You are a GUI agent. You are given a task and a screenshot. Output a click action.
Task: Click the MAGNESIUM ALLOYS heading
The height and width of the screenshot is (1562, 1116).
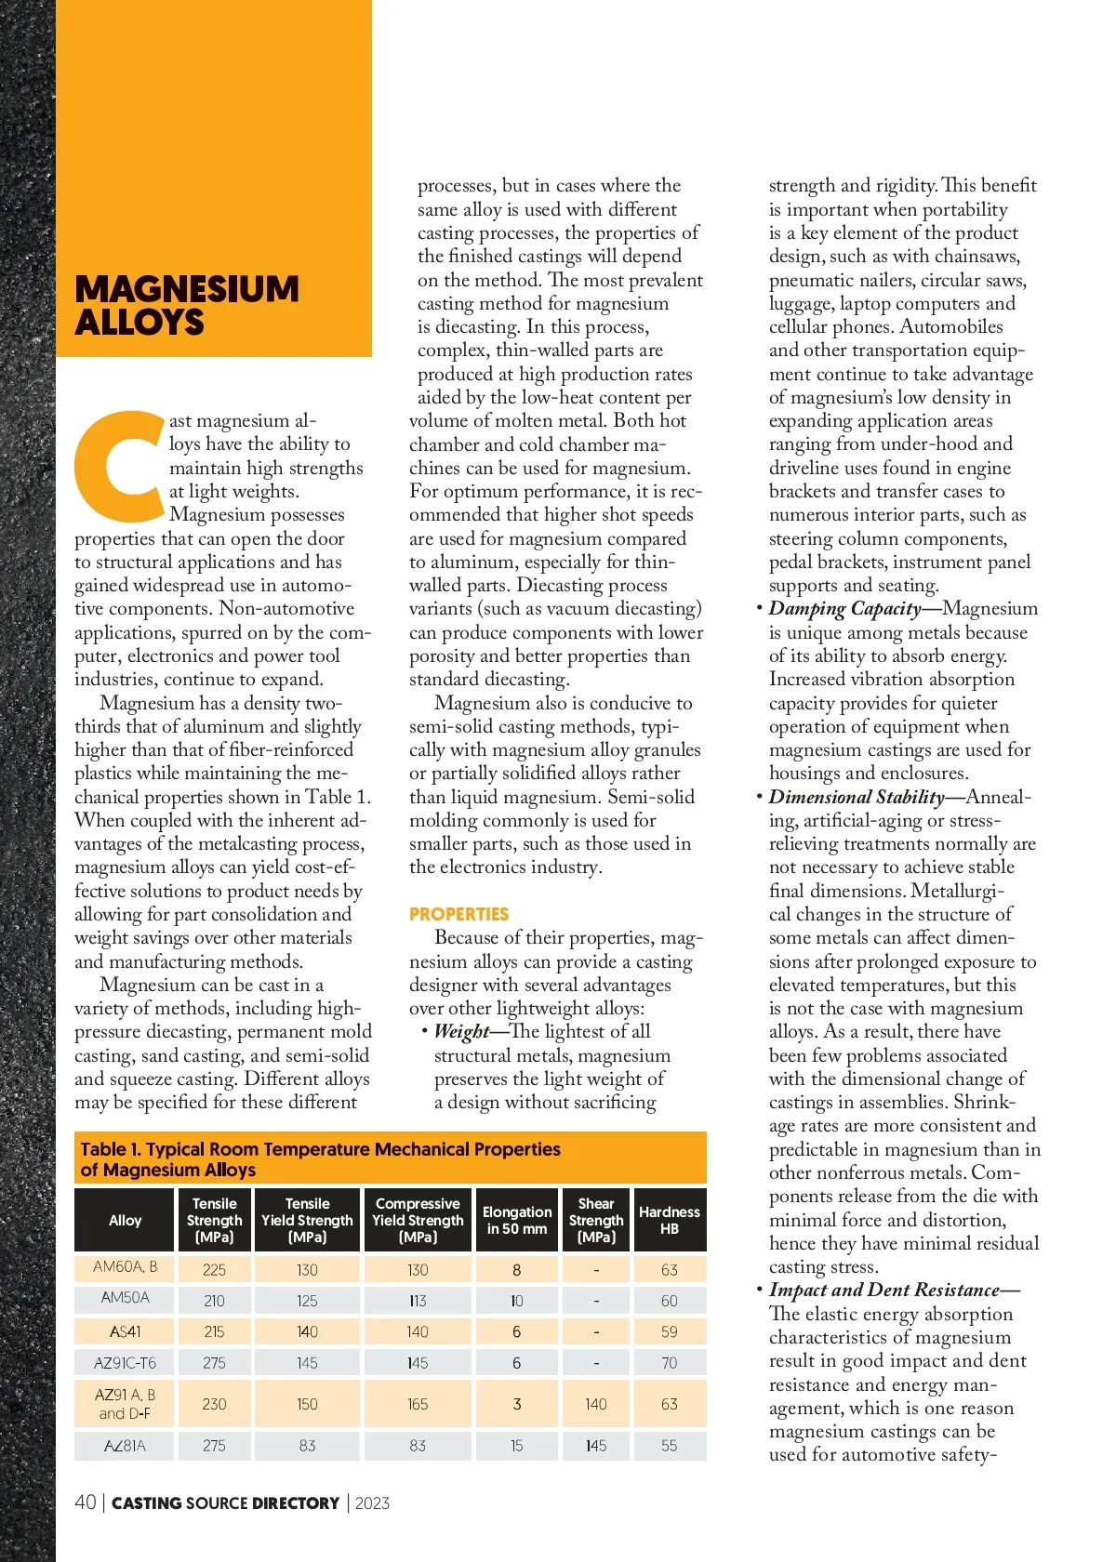[x=186, y=305]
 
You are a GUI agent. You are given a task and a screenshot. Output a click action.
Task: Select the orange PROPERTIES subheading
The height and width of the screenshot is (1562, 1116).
[x=458, y=914]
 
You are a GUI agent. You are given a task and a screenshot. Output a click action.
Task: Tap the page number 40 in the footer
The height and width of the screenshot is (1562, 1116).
[x=85, y=1502]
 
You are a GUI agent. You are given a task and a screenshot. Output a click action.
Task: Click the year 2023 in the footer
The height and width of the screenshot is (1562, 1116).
[x=372, y=1503]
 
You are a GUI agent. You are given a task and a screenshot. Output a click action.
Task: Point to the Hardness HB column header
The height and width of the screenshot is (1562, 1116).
[x=669, y=1220]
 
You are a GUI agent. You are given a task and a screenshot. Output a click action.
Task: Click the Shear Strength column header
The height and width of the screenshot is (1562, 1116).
[x=596, y=1220]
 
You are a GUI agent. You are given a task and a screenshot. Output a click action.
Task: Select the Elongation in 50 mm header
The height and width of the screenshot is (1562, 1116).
[x=516, y=1220]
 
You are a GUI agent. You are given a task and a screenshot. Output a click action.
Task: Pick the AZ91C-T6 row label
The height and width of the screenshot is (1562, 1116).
[x=125, y=1363]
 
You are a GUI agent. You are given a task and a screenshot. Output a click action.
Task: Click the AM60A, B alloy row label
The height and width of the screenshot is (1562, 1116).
[x=125, y=1266]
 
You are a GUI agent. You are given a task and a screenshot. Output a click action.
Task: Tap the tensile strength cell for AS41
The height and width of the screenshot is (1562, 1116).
[x=214, y=1331]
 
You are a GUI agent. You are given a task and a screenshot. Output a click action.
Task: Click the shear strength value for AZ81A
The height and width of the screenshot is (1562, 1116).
[x=596, y=1446]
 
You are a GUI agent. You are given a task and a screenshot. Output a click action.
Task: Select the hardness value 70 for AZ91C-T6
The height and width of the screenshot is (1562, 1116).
[x=669, y=1363]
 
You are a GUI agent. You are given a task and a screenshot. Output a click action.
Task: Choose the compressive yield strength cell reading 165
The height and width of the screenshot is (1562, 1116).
[x=418, y=1404]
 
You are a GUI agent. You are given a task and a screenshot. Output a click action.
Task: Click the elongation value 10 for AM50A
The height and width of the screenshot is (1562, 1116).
[x=516, y=1301]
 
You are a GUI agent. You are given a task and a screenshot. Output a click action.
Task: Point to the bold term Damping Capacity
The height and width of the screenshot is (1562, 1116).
[x=844, y=609]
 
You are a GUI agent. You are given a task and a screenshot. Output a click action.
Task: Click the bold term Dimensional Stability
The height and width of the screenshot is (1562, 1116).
[x=856, y=797]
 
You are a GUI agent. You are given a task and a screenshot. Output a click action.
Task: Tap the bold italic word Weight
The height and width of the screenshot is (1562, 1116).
[x=461, y=1031]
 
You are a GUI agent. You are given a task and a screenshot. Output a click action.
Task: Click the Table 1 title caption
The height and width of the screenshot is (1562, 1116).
[x=320, y=1158]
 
